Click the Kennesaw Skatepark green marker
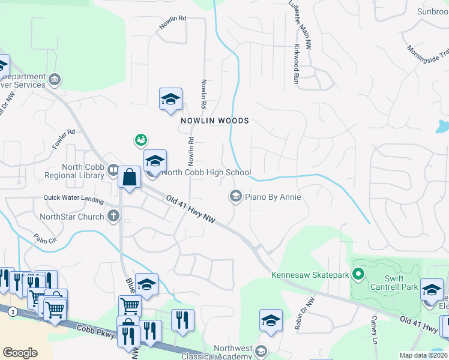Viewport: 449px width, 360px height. point(359,275)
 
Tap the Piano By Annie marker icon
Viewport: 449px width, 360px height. point(235,196)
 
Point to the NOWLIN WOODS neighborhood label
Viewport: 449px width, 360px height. point(215,121)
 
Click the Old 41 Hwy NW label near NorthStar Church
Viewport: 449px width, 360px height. point(191,208)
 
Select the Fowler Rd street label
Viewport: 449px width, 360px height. point(63,139)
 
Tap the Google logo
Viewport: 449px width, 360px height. point(20,353)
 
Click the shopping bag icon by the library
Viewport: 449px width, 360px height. point(130,178)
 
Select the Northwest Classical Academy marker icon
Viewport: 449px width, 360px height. point(261,351)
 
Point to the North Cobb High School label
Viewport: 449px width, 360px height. point(206,173)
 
